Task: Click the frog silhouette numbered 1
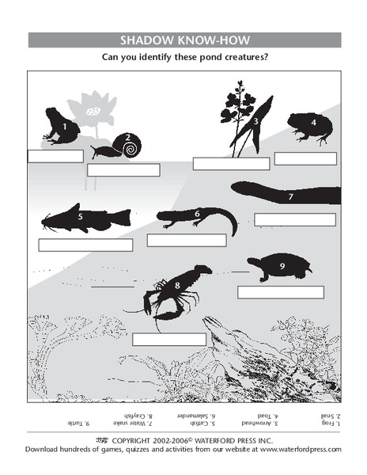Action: point(59,126)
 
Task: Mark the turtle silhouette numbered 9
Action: point(281,268)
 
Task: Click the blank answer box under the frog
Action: point(55,156)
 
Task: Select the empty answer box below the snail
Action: point(123,169)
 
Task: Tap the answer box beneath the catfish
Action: point(85,245)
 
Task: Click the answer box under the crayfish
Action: point(168,340)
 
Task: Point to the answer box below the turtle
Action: point(281,292)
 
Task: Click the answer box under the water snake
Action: point(294,219)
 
